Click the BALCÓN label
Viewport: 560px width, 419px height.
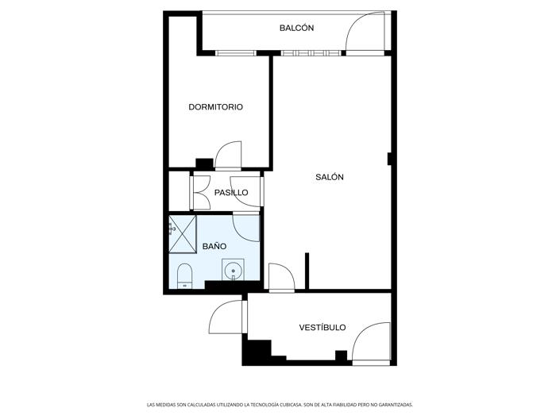[x=296, y=28]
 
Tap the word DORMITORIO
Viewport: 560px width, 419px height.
[x=215, y=107]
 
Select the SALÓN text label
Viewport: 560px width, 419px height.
[x=330, y=177]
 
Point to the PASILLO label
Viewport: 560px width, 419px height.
[x=231, y=193]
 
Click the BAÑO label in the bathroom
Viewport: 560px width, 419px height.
[x=214, y=247]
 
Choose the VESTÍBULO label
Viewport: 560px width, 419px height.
[x=322, y=327]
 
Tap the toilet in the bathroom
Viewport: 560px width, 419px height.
[x=184, y=275]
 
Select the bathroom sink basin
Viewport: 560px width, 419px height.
[x=233, y=271]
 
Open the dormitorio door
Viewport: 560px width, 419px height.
[x=229, y=156]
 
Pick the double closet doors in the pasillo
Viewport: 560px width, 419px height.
[x=199, y=192]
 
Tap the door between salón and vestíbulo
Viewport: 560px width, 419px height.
[x=281, y=277]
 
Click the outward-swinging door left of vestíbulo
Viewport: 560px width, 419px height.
[x=227, y=319]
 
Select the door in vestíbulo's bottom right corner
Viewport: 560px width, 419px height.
[x=371, y=344]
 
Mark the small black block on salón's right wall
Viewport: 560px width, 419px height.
[x=389, y=159]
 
